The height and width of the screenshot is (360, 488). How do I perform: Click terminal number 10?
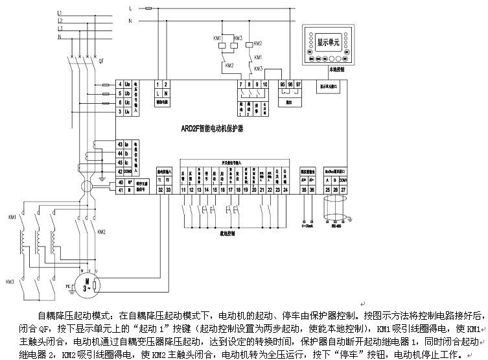tap(265, 85)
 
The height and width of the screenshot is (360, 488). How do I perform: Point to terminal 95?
tap(282, 85)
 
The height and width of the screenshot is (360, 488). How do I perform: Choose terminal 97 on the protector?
tap(298, 85)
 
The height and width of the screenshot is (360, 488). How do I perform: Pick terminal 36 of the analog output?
tap(312, 189)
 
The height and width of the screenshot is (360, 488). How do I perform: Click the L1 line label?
tap(60, 13)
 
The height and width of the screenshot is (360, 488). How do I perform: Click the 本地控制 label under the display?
tap(338, 68)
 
